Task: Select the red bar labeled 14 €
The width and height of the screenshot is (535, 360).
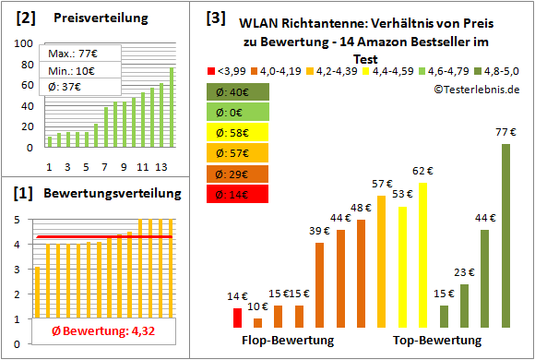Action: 237,318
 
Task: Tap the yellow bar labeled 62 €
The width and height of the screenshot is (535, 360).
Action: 423,255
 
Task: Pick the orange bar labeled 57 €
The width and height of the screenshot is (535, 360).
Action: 381,261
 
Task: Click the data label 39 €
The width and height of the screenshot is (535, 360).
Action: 319,231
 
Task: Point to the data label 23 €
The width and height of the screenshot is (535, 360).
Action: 465,272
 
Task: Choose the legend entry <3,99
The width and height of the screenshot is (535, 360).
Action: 227,71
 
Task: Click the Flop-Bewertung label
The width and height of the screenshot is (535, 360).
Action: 288,341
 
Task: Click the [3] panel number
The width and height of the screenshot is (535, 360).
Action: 215,17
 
